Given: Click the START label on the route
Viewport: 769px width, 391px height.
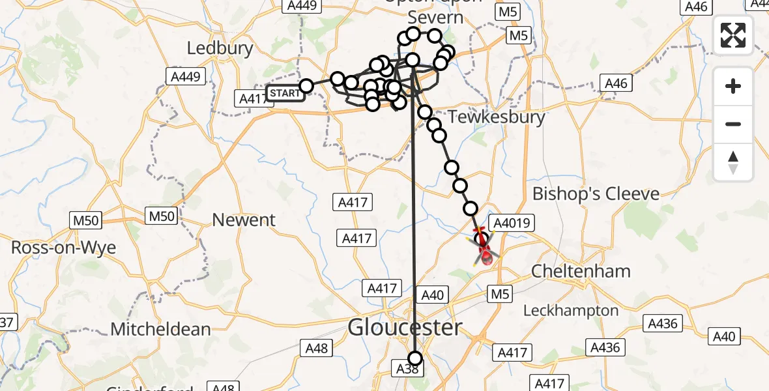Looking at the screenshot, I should click(285, 94).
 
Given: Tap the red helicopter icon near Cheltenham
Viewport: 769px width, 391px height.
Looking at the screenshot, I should click(484, 251).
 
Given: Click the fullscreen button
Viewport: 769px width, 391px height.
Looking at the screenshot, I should click(733, 35).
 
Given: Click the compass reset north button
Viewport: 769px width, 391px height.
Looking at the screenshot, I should click(733, 162).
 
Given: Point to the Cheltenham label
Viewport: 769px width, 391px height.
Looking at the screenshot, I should click(581, 270).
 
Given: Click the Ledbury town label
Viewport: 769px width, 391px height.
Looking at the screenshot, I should click(220, 48).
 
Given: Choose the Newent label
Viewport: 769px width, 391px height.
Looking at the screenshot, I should click(244, 220).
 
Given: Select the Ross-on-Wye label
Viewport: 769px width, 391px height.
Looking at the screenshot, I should click(63, 248).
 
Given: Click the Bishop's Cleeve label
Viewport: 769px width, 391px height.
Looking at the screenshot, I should click(596, 194).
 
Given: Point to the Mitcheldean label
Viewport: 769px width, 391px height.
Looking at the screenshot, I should click(160, 329).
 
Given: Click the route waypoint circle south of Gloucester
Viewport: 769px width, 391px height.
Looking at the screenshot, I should click(415, 357).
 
